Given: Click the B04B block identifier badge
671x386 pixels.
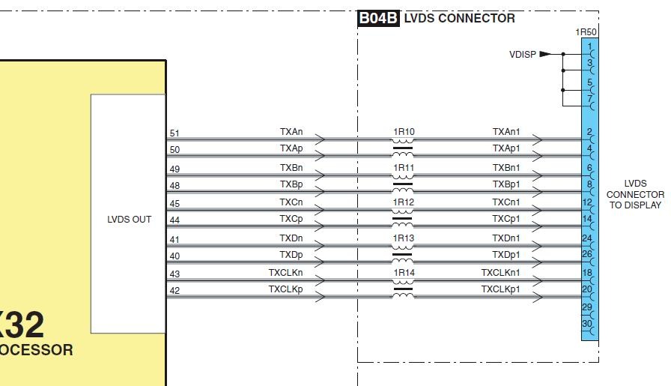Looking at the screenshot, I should coord(378,19).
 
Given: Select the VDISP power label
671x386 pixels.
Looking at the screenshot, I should coord(523,54).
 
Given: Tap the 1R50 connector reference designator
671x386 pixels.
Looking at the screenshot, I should coord(586,33).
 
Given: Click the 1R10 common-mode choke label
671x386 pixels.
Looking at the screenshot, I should coord(404,132).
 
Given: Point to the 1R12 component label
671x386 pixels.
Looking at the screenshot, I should coord(404,202).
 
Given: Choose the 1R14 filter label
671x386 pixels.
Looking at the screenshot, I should coord(404,273).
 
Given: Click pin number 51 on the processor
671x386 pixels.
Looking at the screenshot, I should coord(174,133).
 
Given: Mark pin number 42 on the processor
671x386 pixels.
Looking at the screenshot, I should coord(174,291).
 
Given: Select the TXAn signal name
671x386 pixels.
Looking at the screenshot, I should coord(291,131).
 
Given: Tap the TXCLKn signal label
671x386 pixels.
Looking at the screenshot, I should coord(286,272).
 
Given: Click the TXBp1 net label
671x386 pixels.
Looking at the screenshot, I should coord(506,184).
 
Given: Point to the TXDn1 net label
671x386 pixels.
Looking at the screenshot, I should coord(506,238).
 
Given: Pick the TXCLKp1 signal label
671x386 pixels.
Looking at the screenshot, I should coord(501,289).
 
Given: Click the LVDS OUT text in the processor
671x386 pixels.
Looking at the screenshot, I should coord(130,220).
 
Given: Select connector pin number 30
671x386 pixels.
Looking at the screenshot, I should coord(587,324).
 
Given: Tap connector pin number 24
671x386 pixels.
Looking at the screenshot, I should coord(587,238).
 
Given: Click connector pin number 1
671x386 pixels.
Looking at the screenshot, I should coord(589,46).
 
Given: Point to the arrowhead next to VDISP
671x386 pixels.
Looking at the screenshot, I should coord(545,54).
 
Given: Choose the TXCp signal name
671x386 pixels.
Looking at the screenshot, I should coord(291,219).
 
